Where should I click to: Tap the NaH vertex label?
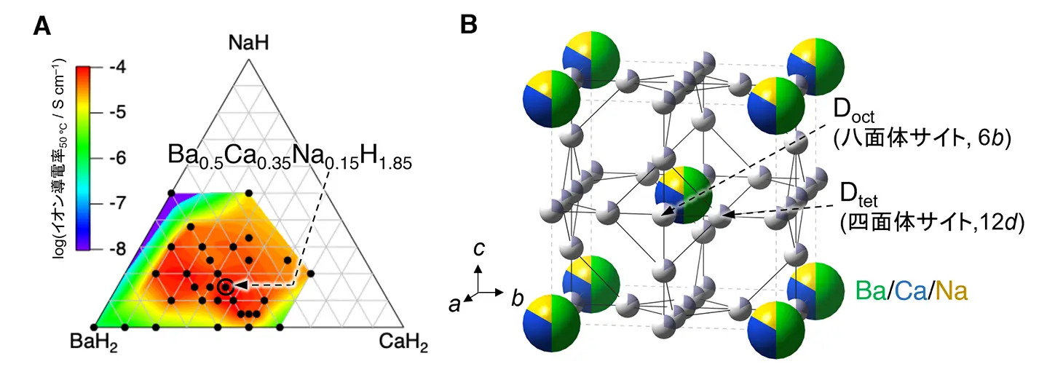pyautogui.click(x=248, y=44)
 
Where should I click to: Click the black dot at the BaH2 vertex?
pyautogui.click(x=94, y=325)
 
